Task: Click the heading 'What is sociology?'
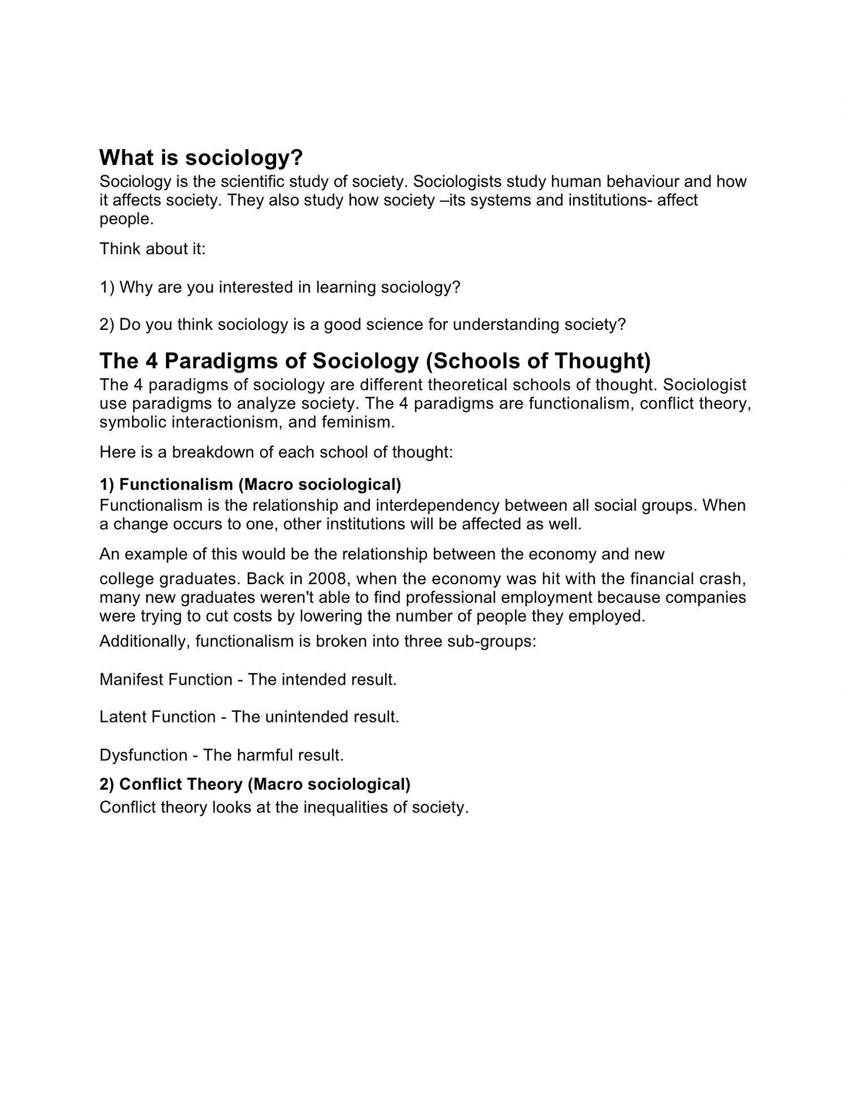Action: pos(202,158)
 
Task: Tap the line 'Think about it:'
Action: pos(152,249)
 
